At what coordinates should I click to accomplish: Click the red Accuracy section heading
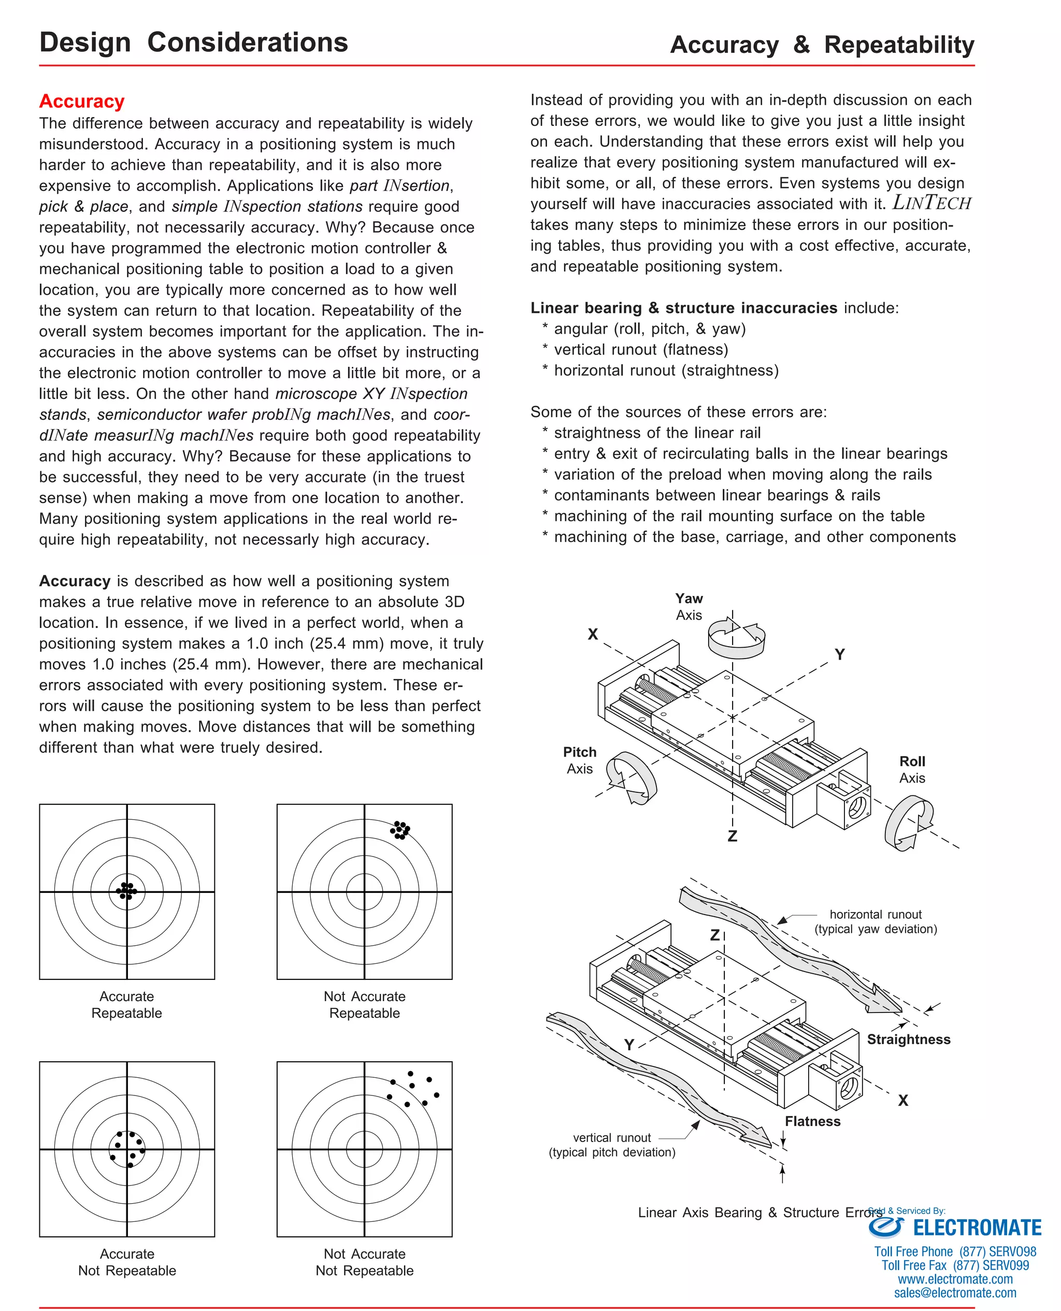[x=82, y=102]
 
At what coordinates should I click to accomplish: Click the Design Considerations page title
[x=193, y=43]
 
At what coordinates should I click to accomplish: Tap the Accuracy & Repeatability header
[x=822, y=45]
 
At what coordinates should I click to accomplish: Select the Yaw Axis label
[x=689, y=606]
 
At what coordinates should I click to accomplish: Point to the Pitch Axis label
[x=579, y=760]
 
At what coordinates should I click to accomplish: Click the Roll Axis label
[x=912, y=769]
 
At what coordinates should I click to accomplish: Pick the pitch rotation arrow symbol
[x=632, y=777]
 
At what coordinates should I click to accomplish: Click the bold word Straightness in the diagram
[x=908, y=1039]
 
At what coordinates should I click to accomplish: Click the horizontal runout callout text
[x=875, y=922]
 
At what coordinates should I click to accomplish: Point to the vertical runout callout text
[x=612, y=1145]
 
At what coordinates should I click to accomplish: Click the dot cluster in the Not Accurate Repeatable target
[x=400, y=830]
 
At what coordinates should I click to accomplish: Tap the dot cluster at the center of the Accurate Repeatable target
[x=126, y=891]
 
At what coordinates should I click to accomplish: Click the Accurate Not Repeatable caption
[x=127, y=1262]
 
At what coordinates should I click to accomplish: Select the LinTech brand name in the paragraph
[x=931, y=203]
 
